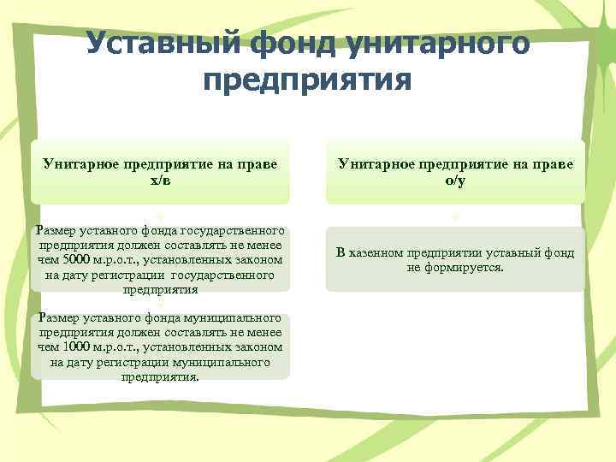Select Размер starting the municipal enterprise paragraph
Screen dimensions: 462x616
pos(53,318)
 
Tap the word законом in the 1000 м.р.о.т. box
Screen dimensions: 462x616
pos(258,346)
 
